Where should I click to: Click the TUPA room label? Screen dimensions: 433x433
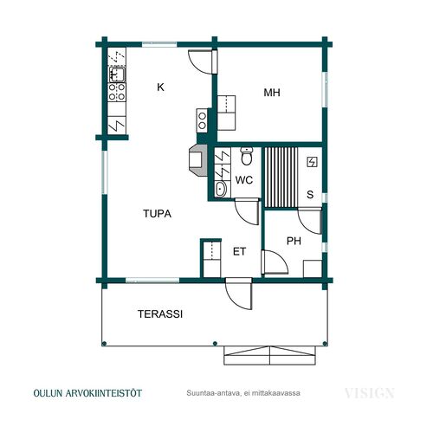(158, 214)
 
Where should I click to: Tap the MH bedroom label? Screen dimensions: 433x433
(272, 93)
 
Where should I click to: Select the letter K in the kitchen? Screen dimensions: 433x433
(160, 87)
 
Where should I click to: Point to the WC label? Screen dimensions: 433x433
(244, 180)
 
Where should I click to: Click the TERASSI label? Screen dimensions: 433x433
(160, 314)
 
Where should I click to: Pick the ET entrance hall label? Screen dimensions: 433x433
(239, 252)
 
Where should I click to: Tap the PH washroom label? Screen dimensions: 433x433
(294, 241)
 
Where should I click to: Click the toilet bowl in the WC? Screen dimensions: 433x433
(247, 156)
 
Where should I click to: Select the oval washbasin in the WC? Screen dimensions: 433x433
(221, 189)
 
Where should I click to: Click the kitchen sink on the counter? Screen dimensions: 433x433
(117, 74)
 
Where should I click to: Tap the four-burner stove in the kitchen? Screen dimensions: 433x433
(117, 92)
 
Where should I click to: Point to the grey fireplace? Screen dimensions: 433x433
(198, 160)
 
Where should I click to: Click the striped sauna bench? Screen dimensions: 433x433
(281, 178)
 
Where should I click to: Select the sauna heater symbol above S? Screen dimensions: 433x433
(312, 162)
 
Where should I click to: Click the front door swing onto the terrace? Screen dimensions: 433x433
(239, 294)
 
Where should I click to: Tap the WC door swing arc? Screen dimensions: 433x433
(247, 211)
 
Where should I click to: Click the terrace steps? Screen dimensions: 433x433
(269, 355)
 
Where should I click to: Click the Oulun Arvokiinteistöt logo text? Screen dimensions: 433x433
(87, 393)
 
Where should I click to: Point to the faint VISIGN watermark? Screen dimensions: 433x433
(370, 393)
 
